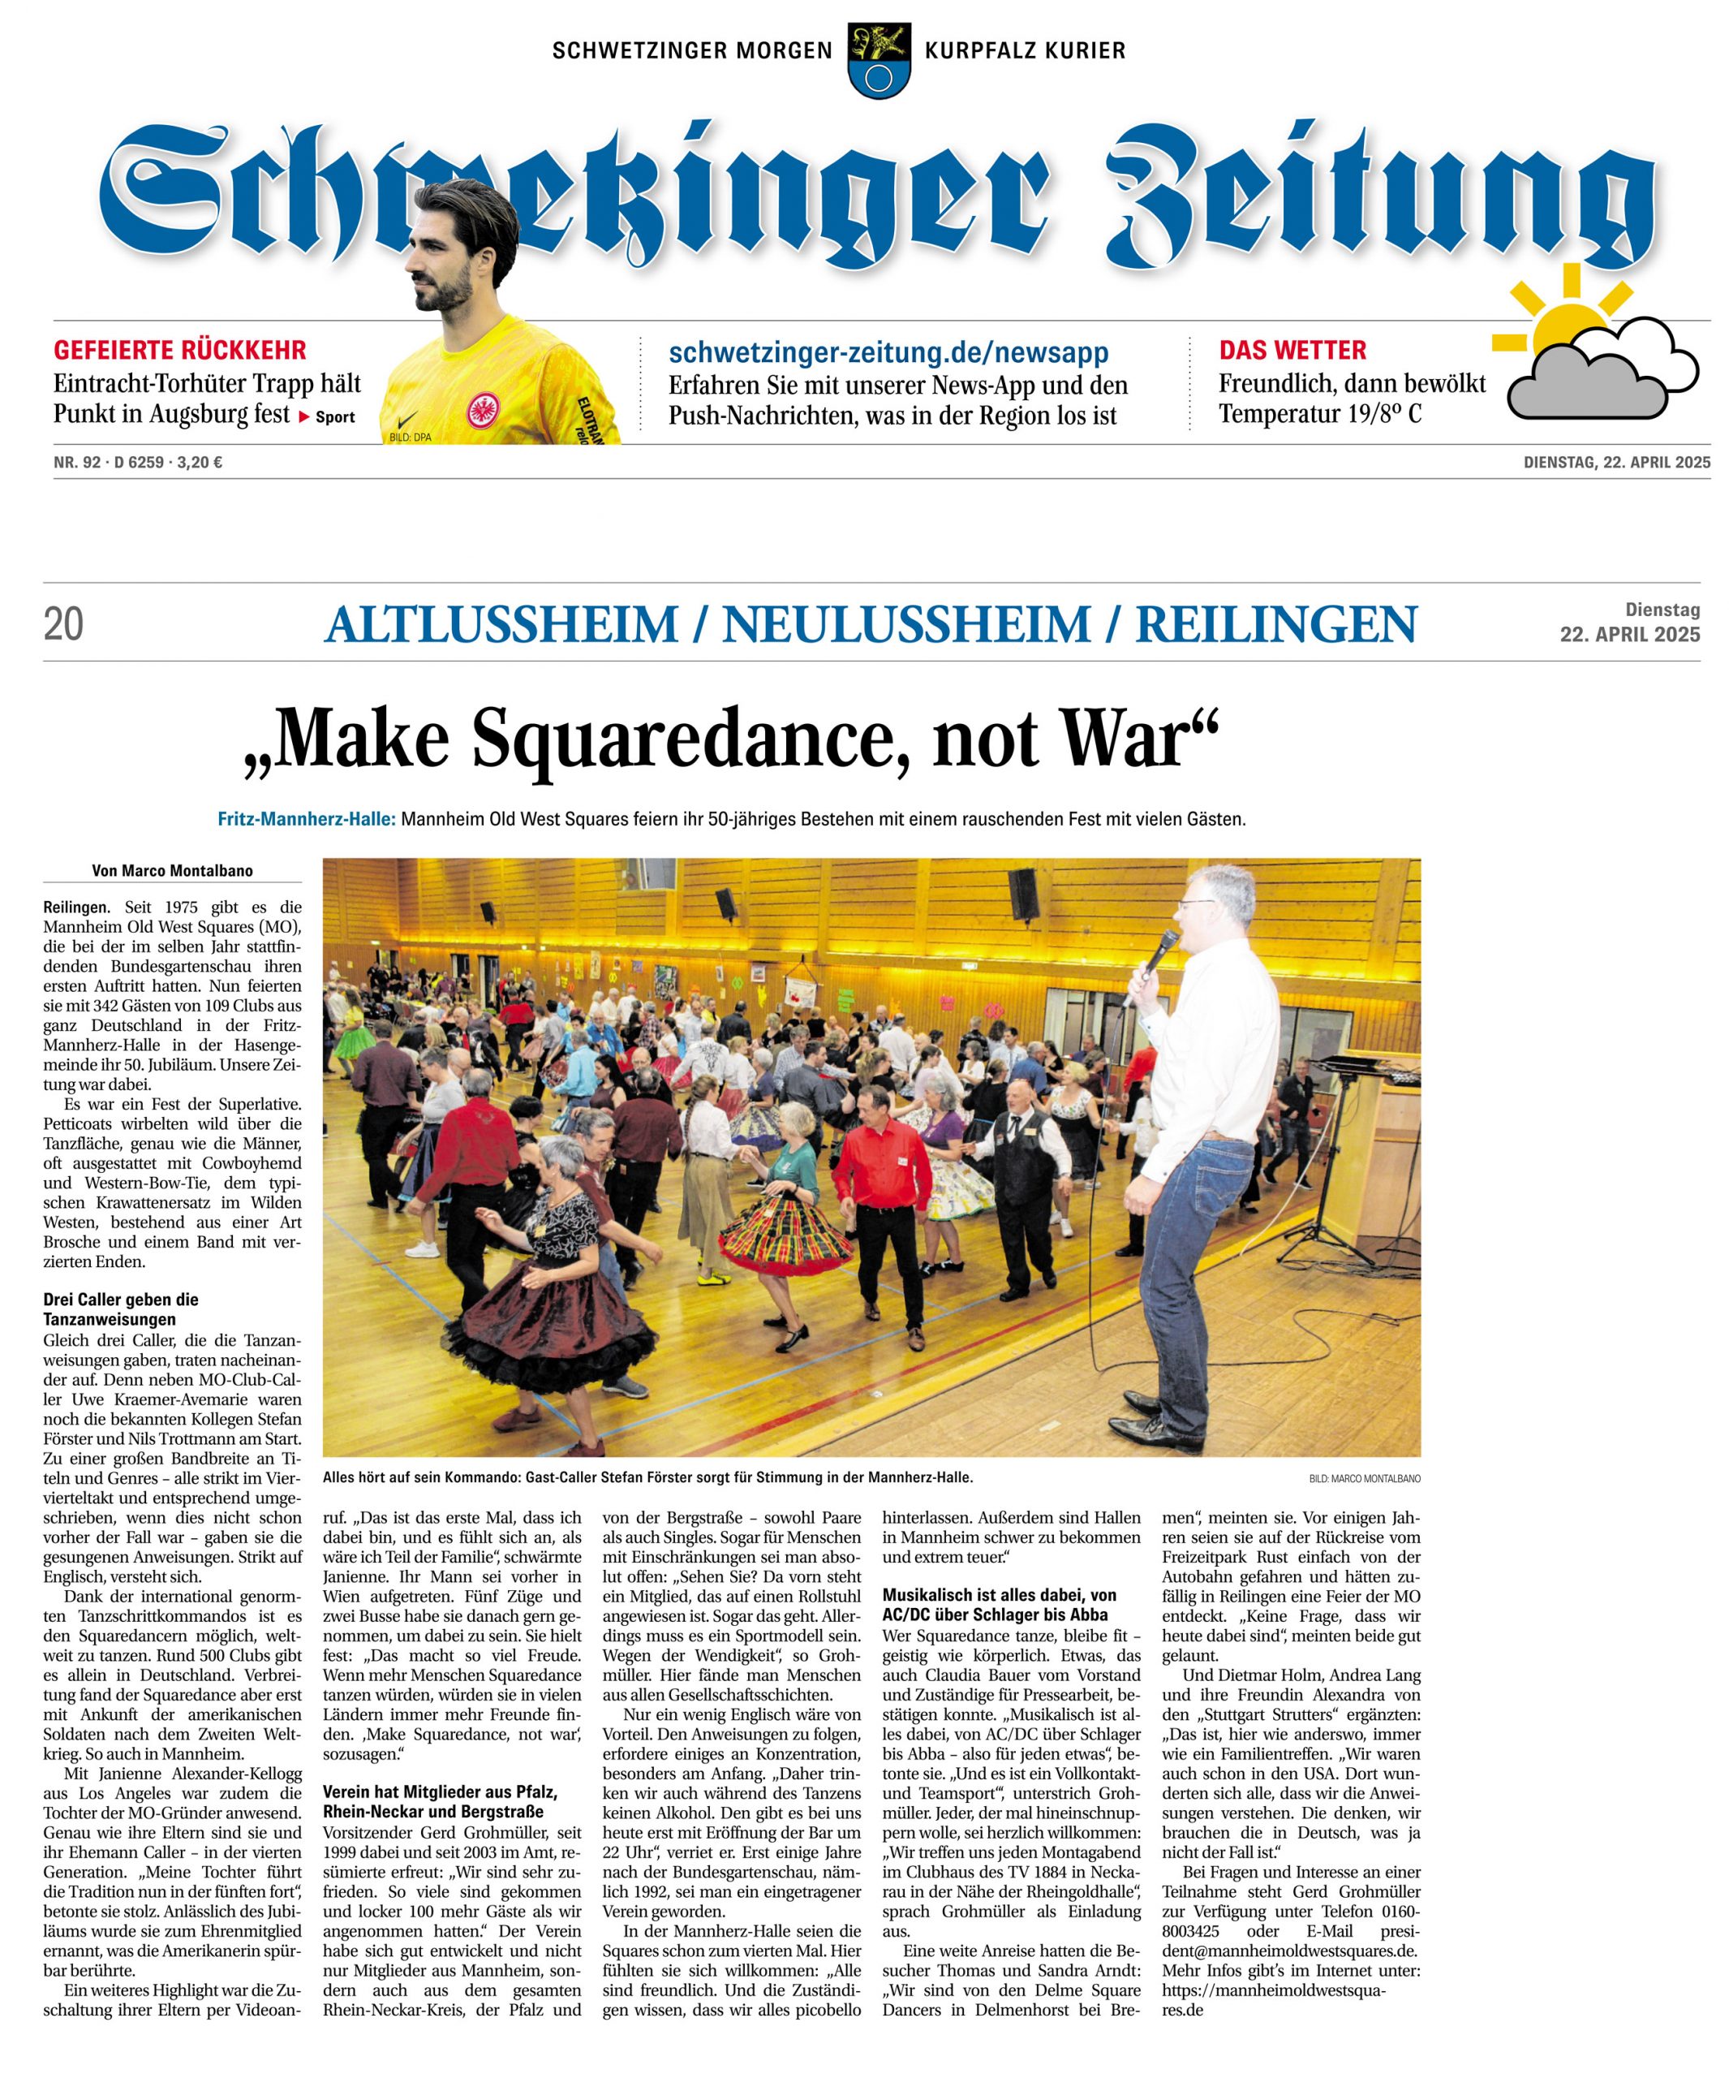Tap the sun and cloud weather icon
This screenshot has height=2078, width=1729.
(x=1594, y=352)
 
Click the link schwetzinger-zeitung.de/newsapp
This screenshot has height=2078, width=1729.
(x=888, y=352)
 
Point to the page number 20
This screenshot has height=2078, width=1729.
(x=63, y=625)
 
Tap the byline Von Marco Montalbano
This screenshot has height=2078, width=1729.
(x=172, y=871)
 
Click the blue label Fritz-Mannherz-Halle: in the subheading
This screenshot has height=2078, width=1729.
(x=307, y=819)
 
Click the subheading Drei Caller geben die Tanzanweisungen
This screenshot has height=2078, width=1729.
(x=121, y=1308)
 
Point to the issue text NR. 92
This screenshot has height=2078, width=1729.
(x=77, y=461)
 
